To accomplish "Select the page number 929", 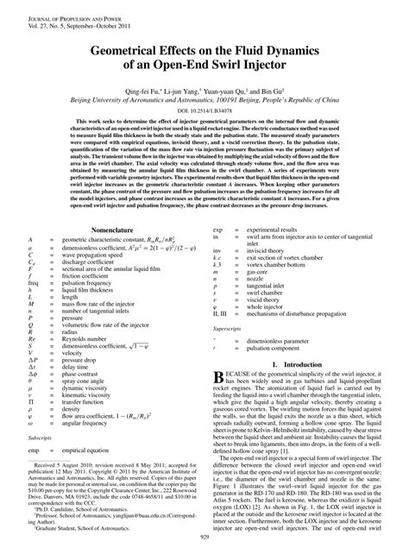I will (204, 537).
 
